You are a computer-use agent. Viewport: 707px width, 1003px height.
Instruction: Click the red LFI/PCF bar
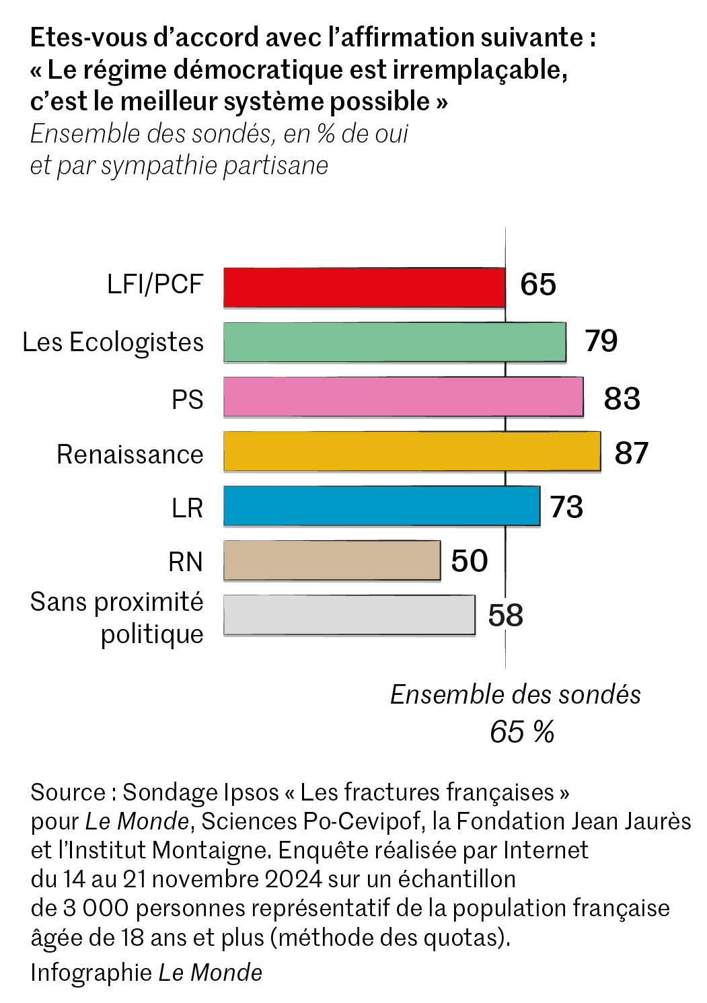point(364,287)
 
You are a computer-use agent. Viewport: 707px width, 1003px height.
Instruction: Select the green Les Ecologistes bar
point(394,342)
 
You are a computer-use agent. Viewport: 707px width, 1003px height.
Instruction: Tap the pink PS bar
point(403,396)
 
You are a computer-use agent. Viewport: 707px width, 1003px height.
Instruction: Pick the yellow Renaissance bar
point(412,451)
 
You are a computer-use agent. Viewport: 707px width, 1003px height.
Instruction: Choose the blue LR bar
point(381,505)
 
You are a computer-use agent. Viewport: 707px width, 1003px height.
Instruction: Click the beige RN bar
point(332,560)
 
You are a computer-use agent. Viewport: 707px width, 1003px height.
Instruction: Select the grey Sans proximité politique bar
point(349,614)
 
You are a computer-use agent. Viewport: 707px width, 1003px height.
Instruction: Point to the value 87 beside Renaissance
point(631,453)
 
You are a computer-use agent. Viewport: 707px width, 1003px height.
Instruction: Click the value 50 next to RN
point(470,560)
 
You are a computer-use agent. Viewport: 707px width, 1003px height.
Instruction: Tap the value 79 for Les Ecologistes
point(601,341)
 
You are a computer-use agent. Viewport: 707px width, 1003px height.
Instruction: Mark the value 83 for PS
point(622,398)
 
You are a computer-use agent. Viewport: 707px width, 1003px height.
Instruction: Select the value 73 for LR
point(566,507)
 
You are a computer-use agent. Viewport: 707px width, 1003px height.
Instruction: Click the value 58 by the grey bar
point(505,616)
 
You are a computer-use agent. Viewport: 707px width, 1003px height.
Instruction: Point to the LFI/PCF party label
point(155,284)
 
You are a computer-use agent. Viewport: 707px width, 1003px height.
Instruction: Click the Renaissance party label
point(130,455)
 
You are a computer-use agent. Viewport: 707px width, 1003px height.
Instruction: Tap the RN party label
point(186,562)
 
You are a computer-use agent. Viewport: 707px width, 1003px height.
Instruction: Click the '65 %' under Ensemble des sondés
point(522,732)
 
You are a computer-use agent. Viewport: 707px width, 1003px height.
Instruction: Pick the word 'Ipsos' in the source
point(247,792)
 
